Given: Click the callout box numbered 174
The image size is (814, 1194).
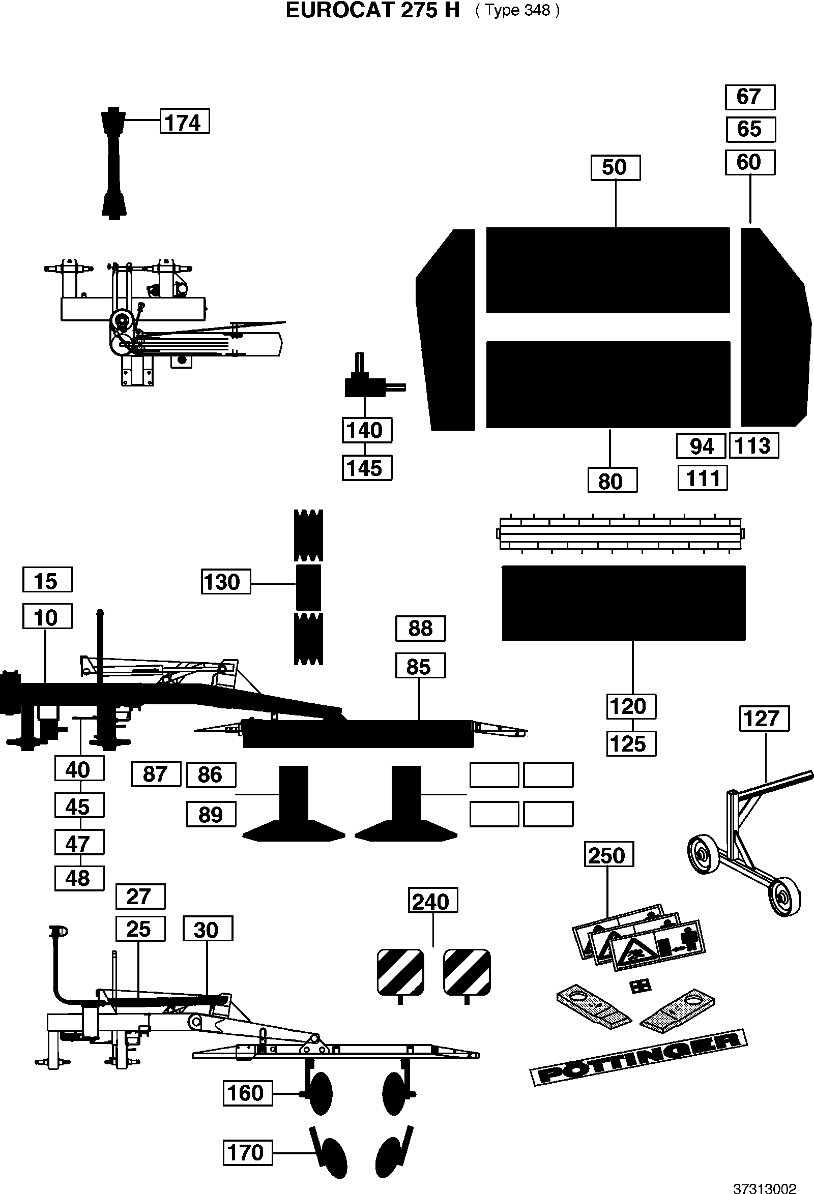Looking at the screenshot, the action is tap(185, 121).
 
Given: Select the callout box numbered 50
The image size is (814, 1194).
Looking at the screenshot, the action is tap(615, 167).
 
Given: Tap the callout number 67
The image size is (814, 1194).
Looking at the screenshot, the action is tap(750, 97).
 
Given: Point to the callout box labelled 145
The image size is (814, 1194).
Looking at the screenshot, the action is tap(367, 468).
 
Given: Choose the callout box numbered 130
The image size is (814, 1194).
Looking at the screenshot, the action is tap(225, 582).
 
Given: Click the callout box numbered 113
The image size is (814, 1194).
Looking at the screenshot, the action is tap(754, 445).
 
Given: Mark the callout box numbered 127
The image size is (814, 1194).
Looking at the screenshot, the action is tap(764, 718).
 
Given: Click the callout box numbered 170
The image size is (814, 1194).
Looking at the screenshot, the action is tap(247, 1152).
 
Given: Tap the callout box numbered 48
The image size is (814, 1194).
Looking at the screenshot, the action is tap(79, 878).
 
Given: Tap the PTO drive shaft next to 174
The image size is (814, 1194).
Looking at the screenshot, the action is tap(113, 163).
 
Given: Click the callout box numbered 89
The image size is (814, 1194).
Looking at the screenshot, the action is tap(211, 814).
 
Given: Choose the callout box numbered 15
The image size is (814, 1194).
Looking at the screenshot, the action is tap(47, 580).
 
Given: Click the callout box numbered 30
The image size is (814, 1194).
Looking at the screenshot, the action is tap(208, 929).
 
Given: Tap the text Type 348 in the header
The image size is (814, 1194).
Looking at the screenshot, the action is tap(518, 11).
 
